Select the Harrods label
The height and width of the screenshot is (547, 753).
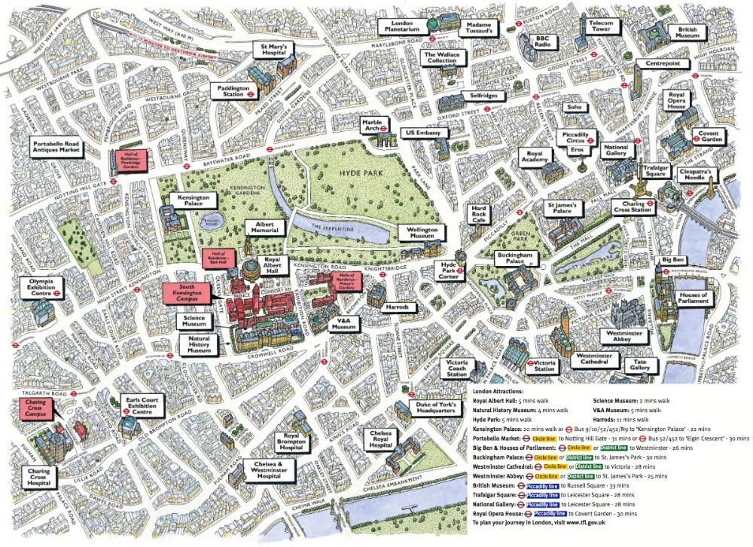pyautogui.click(x=397, y=308)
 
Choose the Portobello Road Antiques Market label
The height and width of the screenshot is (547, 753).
pyautogui.click(x=55, y=148)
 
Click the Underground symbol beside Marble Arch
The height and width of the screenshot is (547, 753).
pyautogui.click(x=383, y=128)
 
